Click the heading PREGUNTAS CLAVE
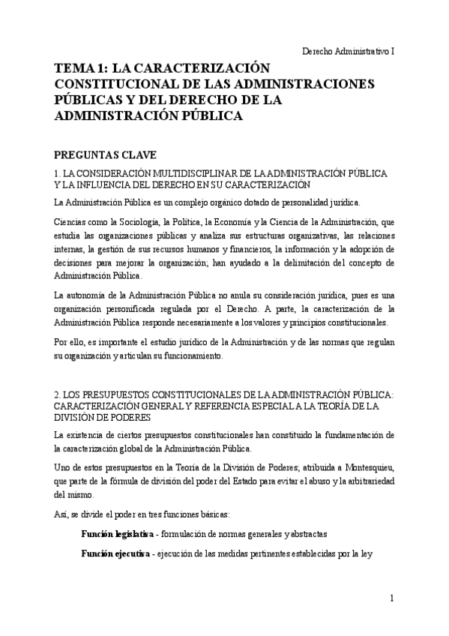pos(105,155)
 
